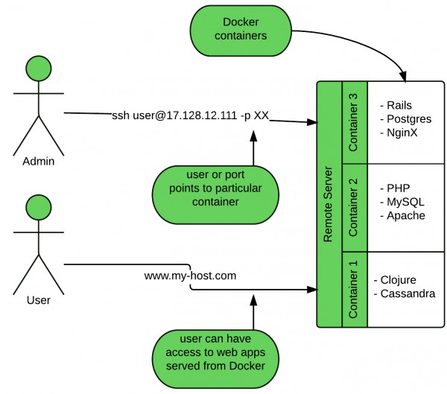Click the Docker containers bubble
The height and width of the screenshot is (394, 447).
pyautogui.click(x=241, y=31)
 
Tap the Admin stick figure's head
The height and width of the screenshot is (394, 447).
pyautogui.click(x=39, y=69)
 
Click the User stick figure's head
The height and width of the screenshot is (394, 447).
pyautogui.click(x=39, y=207)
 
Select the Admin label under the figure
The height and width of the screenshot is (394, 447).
pyautogui.click(x=39, y=162)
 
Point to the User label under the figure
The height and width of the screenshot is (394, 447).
pyautogui.click(x=39, y=300)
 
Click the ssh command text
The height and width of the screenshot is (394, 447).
pyautogui.click(x=190, y=115)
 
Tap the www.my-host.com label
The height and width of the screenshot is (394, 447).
pyautogui.click(x=190, y=276)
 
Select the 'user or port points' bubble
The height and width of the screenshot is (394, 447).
pyautogui.click(x=215, y=195)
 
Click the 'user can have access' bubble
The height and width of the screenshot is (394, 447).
pyautogui.click(x=215, y=359)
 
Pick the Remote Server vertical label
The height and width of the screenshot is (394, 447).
pyautogui.click(x=328, y=204)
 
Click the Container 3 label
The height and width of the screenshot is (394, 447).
pyautogui.click(x=353, y=123)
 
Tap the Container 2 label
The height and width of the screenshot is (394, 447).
pyautogui.click(x=353, y=208)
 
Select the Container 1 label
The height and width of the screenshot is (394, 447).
pyautogui.click(x=353, y=290)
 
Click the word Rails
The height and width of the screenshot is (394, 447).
pyautogui.click(x=399, y=106)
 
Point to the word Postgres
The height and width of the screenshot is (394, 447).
pyautogui.click(x=409, y=119)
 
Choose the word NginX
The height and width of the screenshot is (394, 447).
pyautogui.click(x=402, y=133)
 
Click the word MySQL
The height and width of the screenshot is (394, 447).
pyautogui.click(x=405, y=202)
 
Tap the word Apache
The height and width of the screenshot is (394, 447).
pyautogui.click(x=406, y=216)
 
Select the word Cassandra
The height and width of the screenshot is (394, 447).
pyautogui.click(x=408, y=293)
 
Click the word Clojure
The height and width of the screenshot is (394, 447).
pyautogui.click(x=399, y=280)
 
